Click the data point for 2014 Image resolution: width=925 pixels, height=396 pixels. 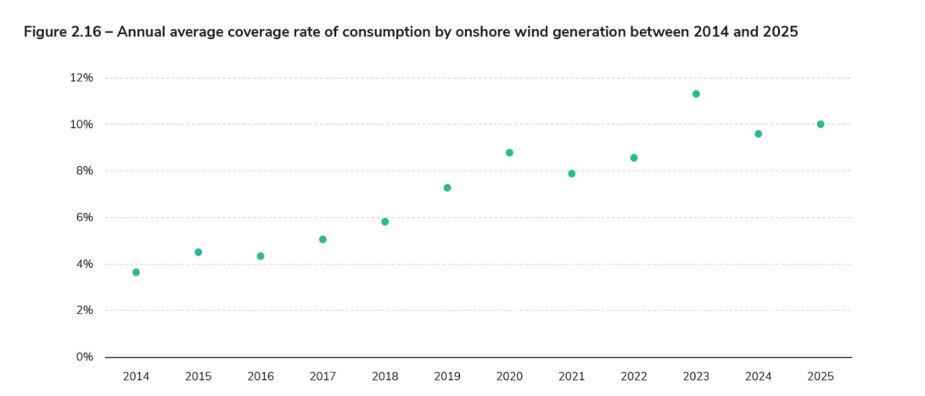(136, 272)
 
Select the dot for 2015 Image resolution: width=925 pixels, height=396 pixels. (199, 252)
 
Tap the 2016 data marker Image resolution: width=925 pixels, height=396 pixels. (261, 256)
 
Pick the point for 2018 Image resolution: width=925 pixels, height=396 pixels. (384, 221)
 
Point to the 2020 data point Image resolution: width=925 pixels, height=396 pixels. (509, 153)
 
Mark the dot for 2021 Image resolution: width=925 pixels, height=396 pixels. (571, 174)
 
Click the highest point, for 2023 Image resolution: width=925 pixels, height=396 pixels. (696, 93)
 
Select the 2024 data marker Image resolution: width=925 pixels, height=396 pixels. (758, 134)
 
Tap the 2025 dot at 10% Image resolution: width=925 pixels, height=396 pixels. (821, 124)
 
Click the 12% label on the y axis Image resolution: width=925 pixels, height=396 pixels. (81, 77)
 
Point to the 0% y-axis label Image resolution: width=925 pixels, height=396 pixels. (84, 357)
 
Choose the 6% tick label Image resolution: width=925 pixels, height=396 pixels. (84, 217)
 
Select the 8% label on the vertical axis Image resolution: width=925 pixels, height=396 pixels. (84, 170)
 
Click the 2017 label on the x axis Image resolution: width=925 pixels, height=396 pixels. (322, 376)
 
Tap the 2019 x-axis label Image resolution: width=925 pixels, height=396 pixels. (447, 376)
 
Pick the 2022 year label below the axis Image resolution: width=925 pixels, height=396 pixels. (634, 376)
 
